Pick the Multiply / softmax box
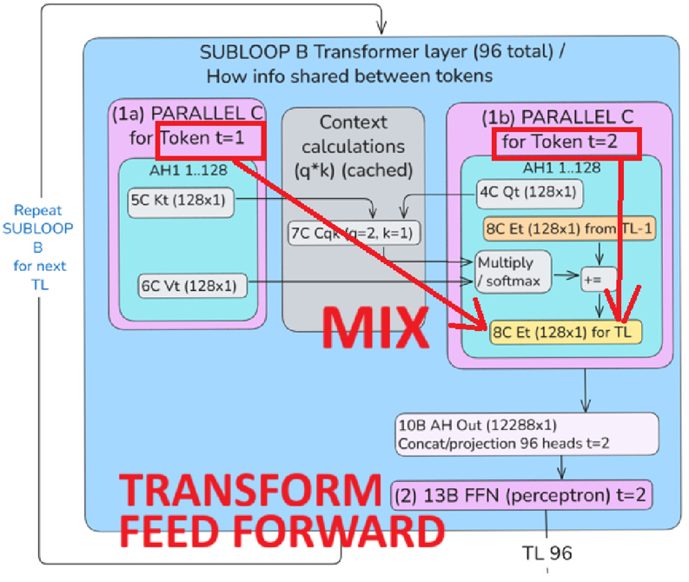(513, 269)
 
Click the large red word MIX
(375, 328)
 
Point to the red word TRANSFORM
(248, 493)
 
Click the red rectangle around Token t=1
(209, 139)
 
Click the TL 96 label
(547, 552)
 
